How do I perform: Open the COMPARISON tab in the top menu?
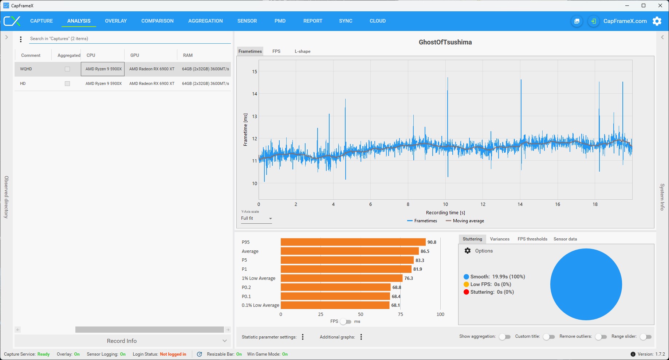tap(157, 21)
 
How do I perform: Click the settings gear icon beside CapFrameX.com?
tap(657, 21)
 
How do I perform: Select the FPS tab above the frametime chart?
tap(276, 51)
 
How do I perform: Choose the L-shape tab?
tap(303, 51)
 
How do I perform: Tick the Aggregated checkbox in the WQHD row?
tap(67, 69)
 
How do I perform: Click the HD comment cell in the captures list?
tap(23, 83)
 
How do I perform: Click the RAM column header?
tap(188, 55)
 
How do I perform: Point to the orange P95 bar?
tap(353, 242)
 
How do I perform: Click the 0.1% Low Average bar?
tap(335, 305)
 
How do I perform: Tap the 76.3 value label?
tap(409, 278)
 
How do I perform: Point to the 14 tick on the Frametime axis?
tap(255, 94)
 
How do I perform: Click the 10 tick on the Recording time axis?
tap(445, 204)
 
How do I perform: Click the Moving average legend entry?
tap(465, 221)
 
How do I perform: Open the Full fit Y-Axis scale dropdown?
tap(256, 219)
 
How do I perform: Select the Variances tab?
tap(500, 239)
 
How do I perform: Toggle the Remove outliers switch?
tap(601, 337)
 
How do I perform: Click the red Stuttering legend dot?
tap(466, 292)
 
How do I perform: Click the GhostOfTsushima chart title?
tap(445, 42)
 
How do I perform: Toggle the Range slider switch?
tap(646, 337)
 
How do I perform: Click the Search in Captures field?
tap(130, 39)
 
